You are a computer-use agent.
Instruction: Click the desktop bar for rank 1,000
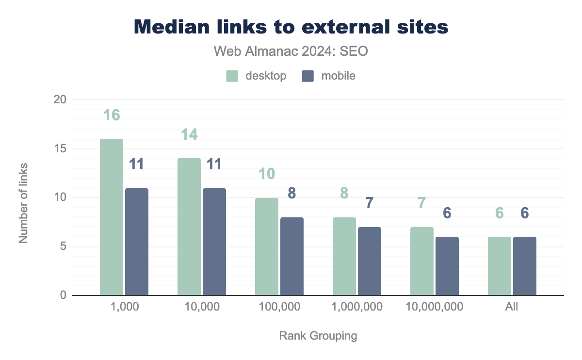tap(112, 217)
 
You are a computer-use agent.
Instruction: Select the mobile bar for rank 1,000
tap(137, 242)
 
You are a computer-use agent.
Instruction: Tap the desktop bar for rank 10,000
tap(189, 227)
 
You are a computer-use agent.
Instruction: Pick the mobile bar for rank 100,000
tap(292, 256)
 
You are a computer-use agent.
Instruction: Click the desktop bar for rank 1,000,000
tap(344, 256)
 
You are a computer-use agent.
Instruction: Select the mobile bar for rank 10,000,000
tap(447, 266)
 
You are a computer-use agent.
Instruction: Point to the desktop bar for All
tap(500, 266)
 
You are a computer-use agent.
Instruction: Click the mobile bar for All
tap(525, 266)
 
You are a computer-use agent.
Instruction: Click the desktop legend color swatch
tap(232, 76)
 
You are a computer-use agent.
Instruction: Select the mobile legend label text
tap(338, 76)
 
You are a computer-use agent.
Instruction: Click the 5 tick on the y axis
tap(63, 246)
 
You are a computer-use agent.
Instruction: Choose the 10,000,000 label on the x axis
tap(435, 307)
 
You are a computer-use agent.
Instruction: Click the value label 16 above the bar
tap(112, 115)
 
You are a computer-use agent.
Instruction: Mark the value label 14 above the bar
tap(189, 134)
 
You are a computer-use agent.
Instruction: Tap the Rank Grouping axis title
tap(318, 336)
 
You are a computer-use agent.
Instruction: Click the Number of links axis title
tap(23, 202)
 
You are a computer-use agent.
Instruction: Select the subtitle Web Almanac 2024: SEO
tap(291, 51)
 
